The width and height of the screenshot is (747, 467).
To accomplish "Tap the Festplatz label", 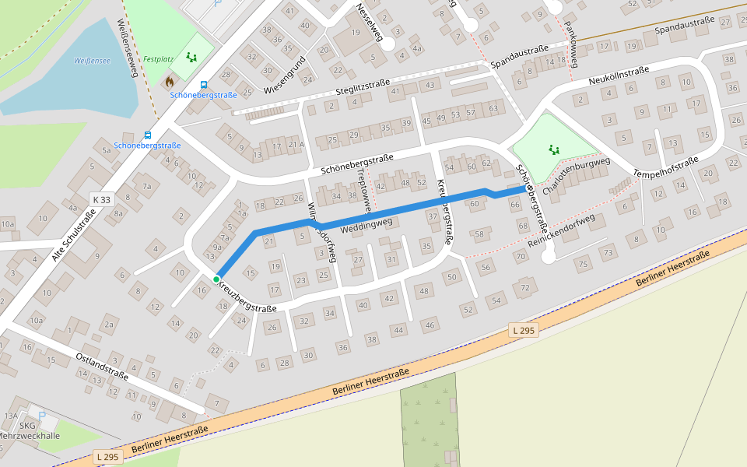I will pyautogui.click(x=158, y=58).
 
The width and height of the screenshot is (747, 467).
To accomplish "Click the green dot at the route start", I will pyautogui.click(x=216, y=279).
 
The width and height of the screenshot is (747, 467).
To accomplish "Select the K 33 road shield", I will pyautogui.click(x=101, y=199).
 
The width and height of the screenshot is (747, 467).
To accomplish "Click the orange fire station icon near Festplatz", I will pyautogui.click(x=170, y=81).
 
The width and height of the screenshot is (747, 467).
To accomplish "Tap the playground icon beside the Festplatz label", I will pyautogui.click(x=191, y=57).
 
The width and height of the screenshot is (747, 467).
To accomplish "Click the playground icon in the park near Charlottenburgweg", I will pyautogui.click(x=554, y=148).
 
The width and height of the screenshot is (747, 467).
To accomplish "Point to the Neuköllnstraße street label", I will pyautogui.click(x=619, y=75).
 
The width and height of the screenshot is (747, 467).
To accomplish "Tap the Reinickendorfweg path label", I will pyautogui.click(x=560, y=232).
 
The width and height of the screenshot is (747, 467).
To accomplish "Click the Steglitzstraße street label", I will pyautogui.click(x=362, y=87).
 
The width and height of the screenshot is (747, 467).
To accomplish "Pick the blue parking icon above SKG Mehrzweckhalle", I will pyautogui.click(x=42, y=416).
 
